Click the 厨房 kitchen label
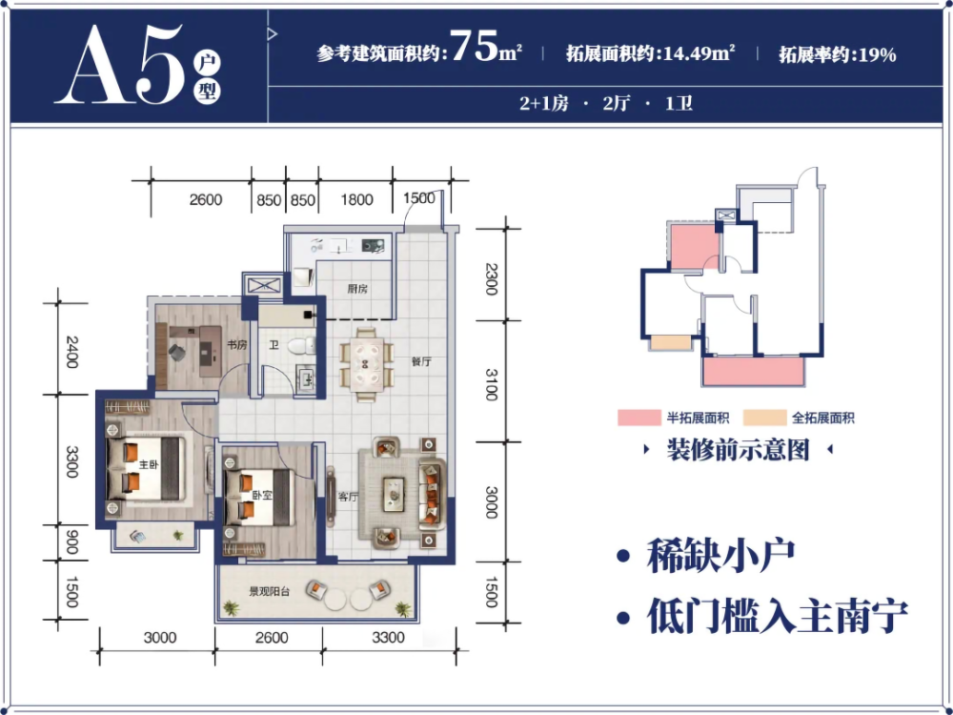point(357,290)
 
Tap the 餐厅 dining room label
point(421,361)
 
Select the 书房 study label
point(237,345)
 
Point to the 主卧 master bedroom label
point(149,465)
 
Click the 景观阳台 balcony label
point(269,592)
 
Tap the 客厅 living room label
point(348,497)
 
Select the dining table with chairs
point(367,365)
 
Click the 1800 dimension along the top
point(356,199)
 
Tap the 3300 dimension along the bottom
point(389,637)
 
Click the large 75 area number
point(476,46)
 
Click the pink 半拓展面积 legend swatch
point(639,418)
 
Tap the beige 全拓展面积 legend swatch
point(764,418)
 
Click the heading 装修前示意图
point(739,451)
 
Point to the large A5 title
point(118,66)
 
